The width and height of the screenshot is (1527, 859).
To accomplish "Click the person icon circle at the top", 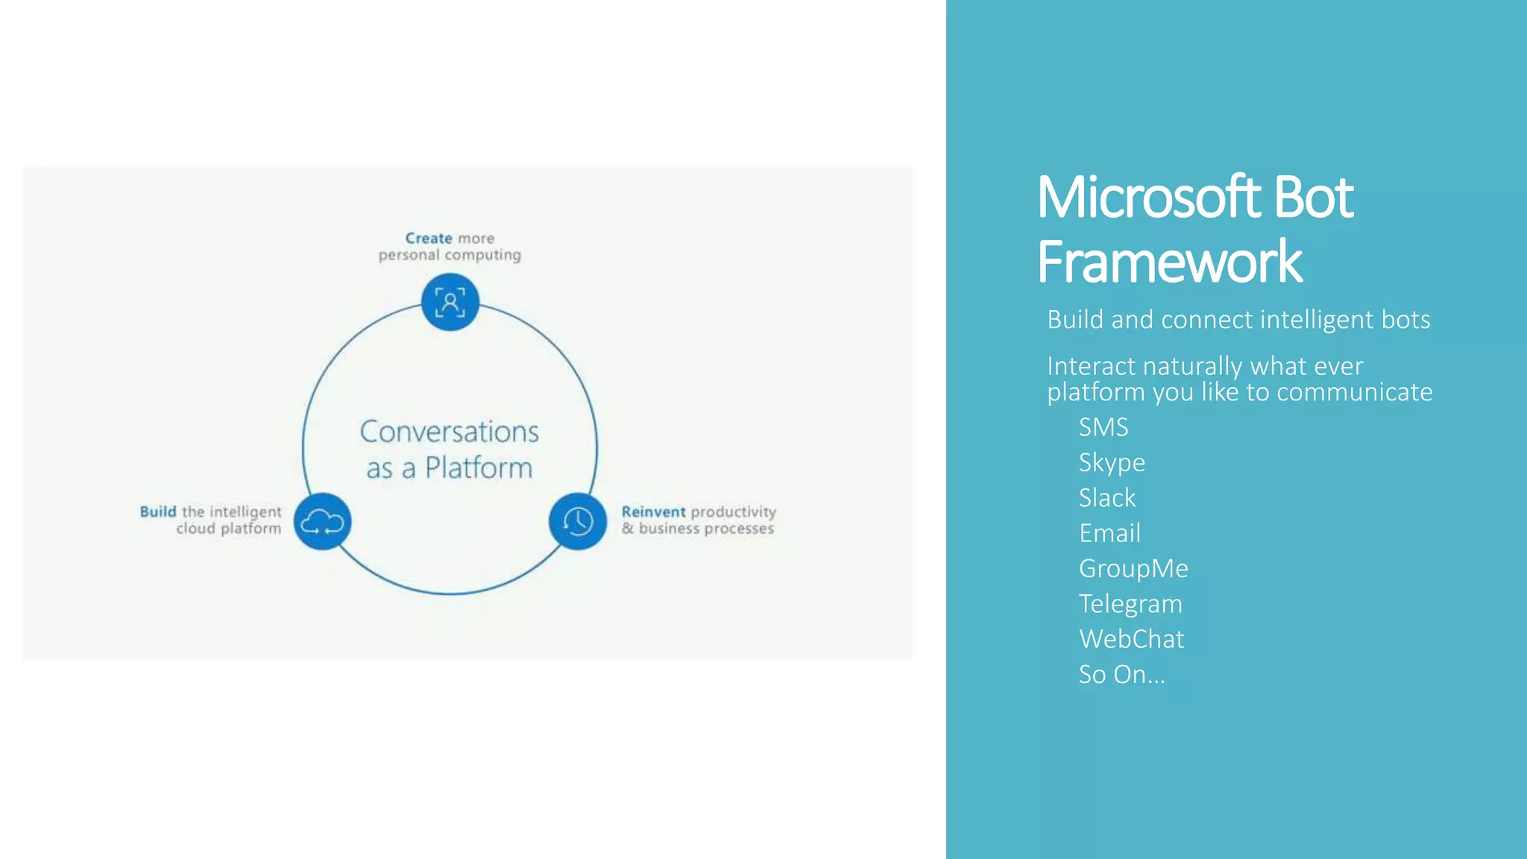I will click(450, 302).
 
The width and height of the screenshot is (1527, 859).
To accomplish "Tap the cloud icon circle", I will click(322, 521).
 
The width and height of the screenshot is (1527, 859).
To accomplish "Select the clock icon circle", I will click(578, 521).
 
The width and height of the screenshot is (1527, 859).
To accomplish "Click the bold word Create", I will click(429, 239).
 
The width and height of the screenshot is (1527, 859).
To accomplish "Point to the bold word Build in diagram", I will click(158, 512).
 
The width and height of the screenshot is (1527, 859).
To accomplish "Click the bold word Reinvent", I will click(653, 512).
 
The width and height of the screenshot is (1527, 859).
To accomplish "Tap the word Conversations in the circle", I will click(449, 432).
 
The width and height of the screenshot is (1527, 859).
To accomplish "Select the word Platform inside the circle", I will click(479, 468).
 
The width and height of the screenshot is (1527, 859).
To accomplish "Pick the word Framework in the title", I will click(1169, 262).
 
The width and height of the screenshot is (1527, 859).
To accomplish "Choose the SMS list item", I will click(1103, 427).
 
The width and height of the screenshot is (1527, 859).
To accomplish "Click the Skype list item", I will click(1112, 463).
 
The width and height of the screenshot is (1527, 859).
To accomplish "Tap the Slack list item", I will click(1107, 498).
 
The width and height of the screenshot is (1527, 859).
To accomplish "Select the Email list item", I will click(1109, 533).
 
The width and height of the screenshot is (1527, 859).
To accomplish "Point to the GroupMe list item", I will click(1133, 569).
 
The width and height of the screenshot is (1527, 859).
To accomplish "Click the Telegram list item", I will click(1130, 604).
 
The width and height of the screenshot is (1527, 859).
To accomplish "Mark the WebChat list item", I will click(1131, 639).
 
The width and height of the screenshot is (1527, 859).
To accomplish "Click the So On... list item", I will click(1121, 675).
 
